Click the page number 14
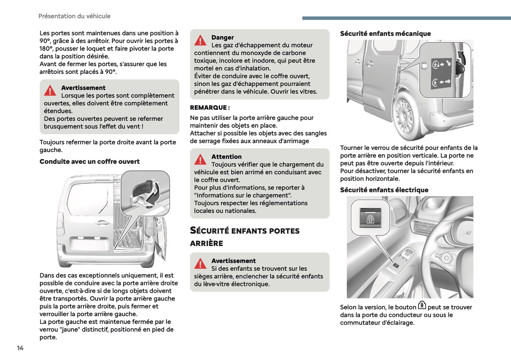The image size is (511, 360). (20, 348)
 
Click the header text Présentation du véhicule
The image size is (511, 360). (74, 16)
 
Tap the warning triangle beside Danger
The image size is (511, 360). (200, 40)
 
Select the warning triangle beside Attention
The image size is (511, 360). (200, 159)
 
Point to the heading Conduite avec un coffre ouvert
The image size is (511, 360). (89, 162)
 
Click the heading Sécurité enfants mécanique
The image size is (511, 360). (385, 34)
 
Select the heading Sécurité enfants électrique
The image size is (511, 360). (384, 190)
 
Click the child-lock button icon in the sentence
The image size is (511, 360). (422, 305)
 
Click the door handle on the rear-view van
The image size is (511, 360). (103, 222)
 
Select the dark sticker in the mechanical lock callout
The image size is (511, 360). (441, 73)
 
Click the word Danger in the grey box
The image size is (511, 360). (222, 37)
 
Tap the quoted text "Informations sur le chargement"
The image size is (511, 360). (243, 195)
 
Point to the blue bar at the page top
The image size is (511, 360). (406, 18)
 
